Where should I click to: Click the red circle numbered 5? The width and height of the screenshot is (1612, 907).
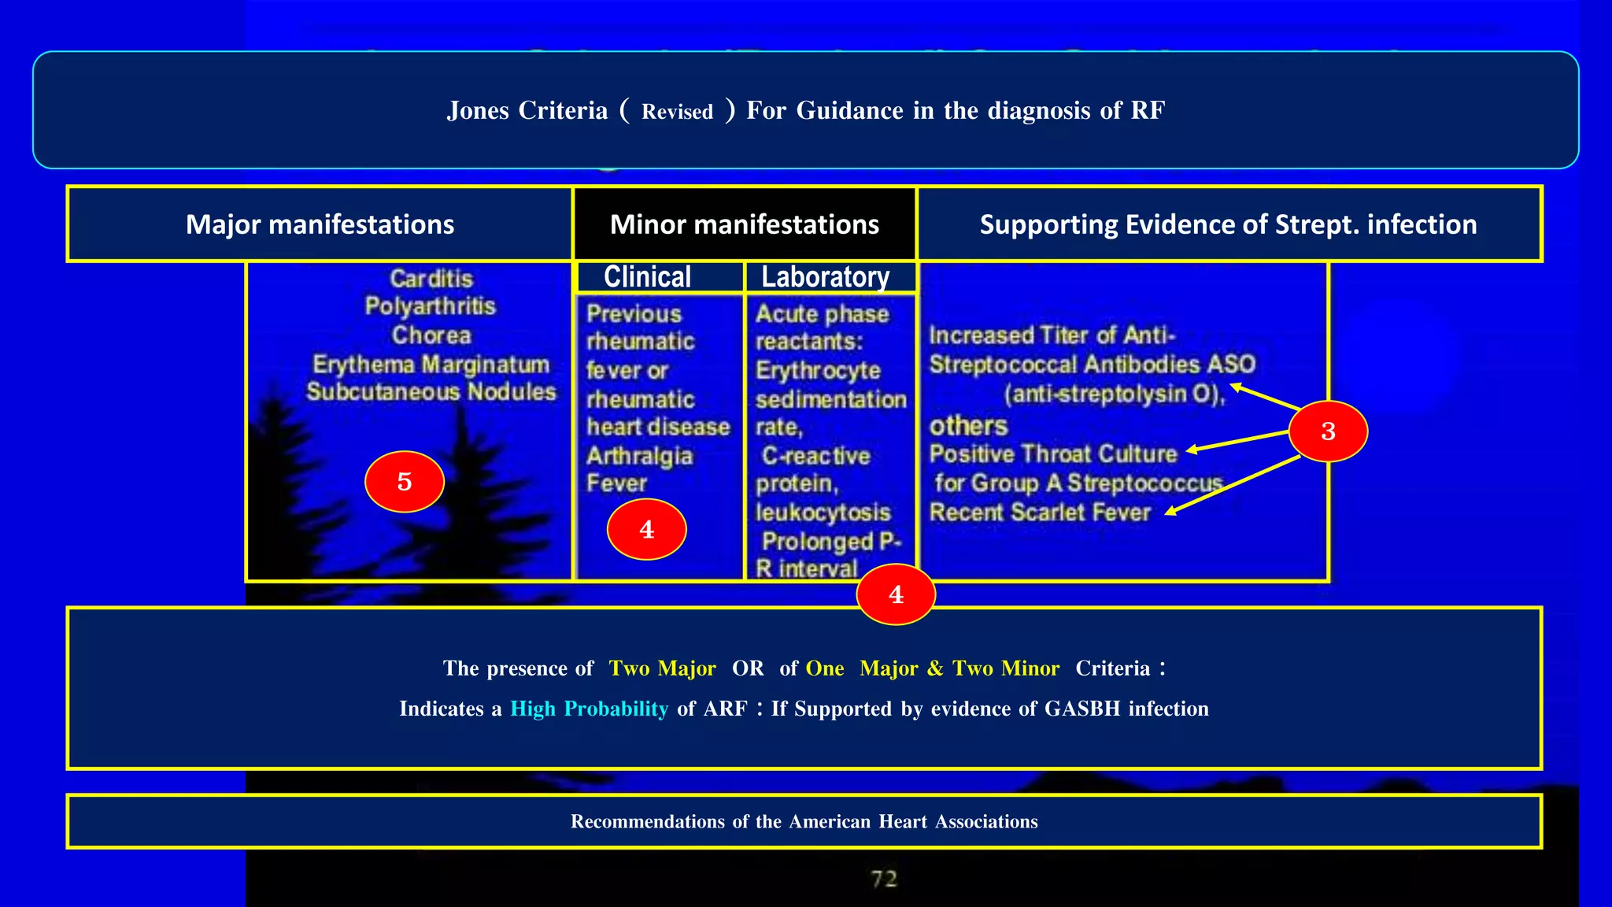pyautogui.click(x=405, y=481)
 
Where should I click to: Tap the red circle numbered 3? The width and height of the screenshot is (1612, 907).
pyautogui.click(x=1328, y=431)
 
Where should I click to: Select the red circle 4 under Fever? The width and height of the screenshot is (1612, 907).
pyautogui.click(x=646, y=529)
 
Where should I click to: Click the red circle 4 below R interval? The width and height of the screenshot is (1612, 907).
pyautogui.click(x=896, y=594)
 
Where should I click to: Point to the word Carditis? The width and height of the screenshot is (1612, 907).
pyautogui.click(x=431, y=279)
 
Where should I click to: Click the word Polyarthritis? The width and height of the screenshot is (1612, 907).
pyautogui.click(x=431, y=306)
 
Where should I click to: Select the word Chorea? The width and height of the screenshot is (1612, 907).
pyautogui.click(x=431, y=335)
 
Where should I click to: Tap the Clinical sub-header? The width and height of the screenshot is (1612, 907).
pyautogui.click(x=647, y=277)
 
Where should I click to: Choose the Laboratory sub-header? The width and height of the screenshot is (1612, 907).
pyautogui.click(x=825, y=277)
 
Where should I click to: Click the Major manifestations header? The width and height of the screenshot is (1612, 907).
pyautogui.click(x=320, y=224)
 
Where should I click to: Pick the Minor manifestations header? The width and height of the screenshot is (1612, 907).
pyautogui.click(x=744, y=224)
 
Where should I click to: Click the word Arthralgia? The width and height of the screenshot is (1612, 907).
pyautogui.click(x=639, y=456)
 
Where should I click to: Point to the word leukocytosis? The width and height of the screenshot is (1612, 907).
pyautogui.click(x=823, y=513)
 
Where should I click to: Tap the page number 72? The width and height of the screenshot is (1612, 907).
pyautogui.click(x=884, y=879)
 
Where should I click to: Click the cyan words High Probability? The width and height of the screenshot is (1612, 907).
pyautogui.click(x=589, y=709)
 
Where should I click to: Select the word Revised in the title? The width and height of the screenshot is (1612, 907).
pyautogui.click(x=677, y=112)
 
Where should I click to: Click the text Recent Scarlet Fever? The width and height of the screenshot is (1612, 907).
pyautogui.click(x=1040, y=513)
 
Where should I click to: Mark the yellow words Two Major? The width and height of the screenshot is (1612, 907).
pyautogui.click(x=662, y=668)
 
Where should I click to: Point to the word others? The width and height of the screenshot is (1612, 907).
pyautogui.click(x=968, y=426)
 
